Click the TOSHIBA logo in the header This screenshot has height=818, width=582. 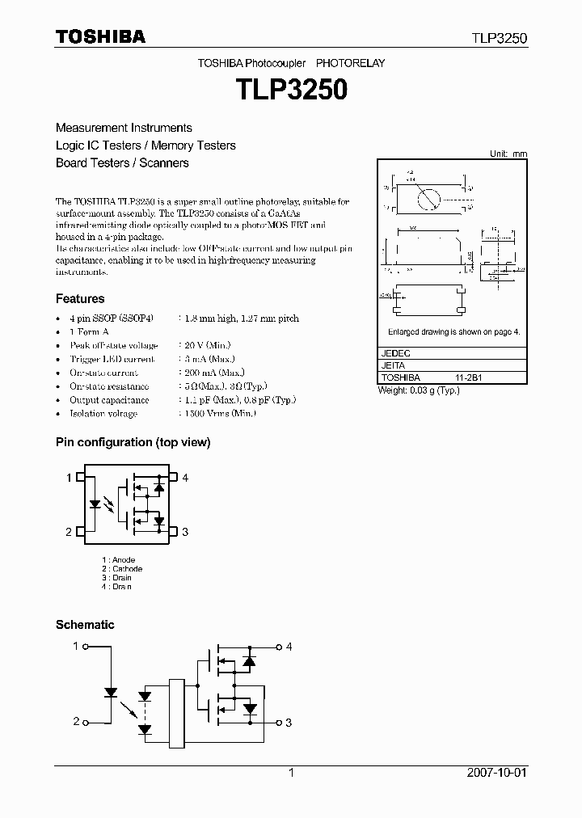pyautogui.click(x=100, y=36)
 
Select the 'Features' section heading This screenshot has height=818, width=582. pyautogui.click(x=80, y=298)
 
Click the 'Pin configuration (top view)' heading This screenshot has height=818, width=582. pyautogui.click(x=133, y=442)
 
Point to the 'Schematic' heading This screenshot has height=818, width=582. pyautogui.click(x=85, y=625)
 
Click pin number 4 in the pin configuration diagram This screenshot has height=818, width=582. pyautogui.click(x=185, y=479)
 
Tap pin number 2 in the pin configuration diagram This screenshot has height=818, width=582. pyautogui.click(x=69, y=531)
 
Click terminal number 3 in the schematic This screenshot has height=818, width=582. pyautogui.click(x=289, y=723)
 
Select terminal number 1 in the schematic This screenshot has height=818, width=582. pyautogui.click(x=76, y=647)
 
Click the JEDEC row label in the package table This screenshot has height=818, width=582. pyautogui.click(x=395, y=354)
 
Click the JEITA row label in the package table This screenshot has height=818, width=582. pyautogui.click(x=393, y=365)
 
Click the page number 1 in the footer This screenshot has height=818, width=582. pyautogui.click(x=291, y=773)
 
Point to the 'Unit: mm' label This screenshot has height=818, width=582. pyautogui.click(x=508, y=154)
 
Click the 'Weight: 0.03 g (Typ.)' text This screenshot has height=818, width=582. pyautogui.click(x=419, y=390)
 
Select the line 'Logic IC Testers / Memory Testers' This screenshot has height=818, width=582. pyautogui.click(x=145, y=145)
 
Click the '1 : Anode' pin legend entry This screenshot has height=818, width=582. pyautogui.click(x=119, y=560)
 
